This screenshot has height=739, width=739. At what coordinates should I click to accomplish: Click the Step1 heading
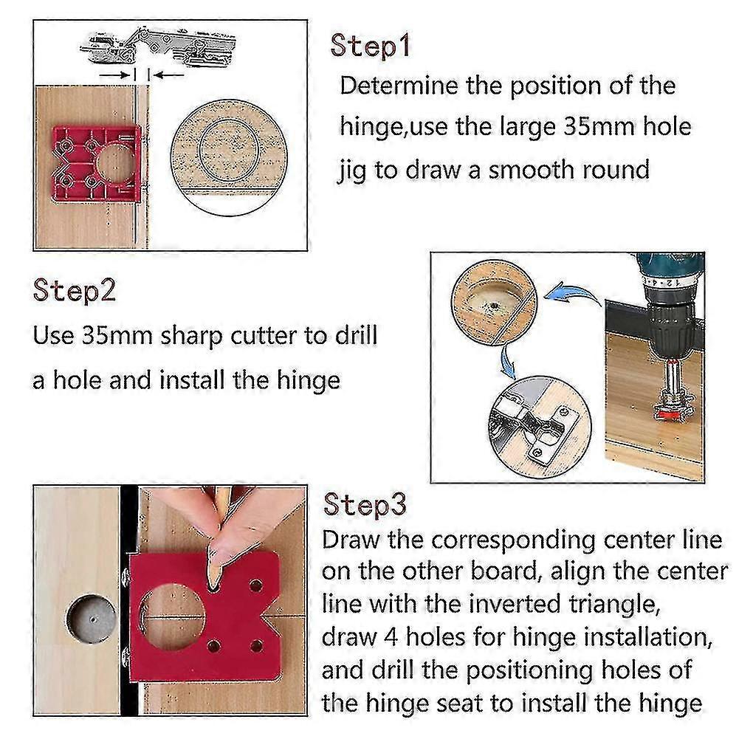coord(369,45)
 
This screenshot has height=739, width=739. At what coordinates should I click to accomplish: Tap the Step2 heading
coord(75,290)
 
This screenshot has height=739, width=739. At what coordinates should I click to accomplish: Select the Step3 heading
coord(365,504)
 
